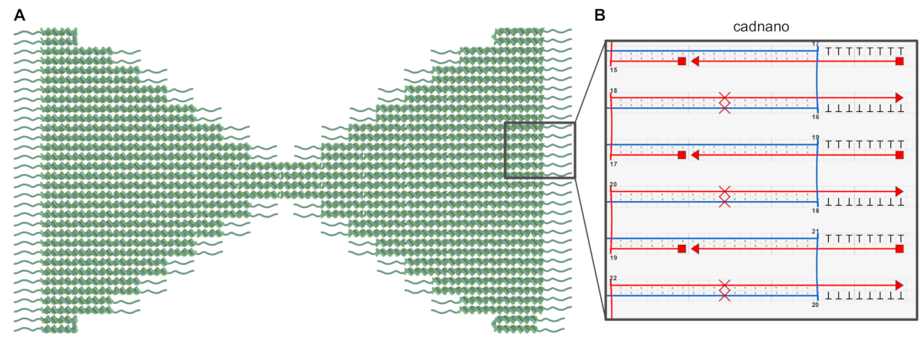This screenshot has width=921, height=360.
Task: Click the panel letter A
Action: click(x=19, y=15)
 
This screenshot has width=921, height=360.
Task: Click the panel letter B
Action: click(x=600, y=15)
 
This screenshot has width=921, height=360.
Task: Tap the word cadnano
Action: click(x=761, y=27)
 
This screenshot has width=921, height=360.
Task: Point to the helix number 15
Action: click(x=613, y=70)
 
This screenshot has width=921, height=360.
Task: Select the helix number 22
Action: click(x=613, y=277)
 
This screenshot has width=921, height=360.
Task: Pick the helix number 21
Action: click(x=815, y=230)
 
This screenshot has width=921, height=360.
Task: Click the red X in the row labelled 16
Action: click(x=724, y=103)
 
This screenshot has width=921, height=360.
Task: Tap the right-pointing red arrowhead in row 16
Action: click(x=899, y=98)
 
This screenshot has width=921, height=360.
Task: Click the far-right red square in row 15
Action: click(x=900, y=61)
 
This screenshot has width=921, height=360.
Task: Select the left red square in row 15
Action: click(x=682, y=61)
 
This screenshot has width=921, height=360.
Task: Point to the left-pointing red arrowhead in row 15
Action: click(x=695, y=61)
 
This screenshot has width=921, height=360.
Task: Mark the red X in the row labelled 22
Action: click(x=724, y=290)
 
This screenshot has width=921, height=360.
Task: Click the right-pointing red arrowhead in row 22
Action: click(x=899, y=285)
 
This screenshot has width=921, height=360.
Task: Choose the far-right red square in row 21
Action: click(x=900, y=249)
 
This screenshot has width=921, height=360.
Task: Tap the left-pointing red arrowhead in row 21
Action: click(x=695, y=249)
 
